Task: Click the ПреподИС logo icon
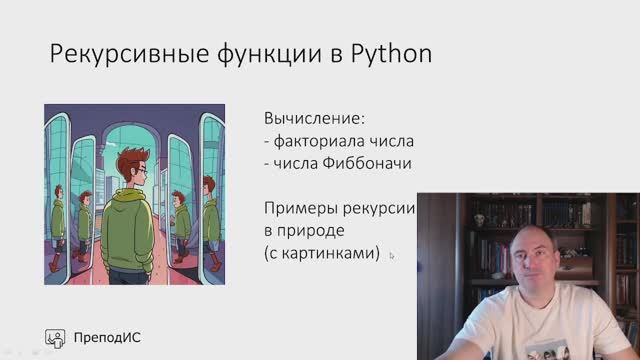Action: [x=55, y=336]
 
